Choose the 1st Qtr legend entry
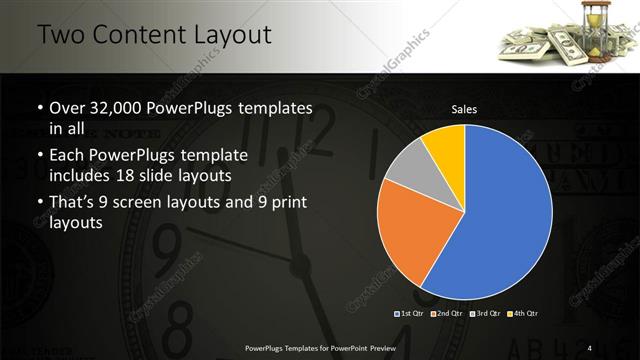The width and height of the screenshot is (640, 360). click(410, 313)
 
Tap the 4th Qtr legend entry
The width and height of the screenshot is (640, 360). click(522, 313)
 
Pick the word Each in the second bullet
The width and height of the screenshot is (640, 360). click(68, 156)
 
